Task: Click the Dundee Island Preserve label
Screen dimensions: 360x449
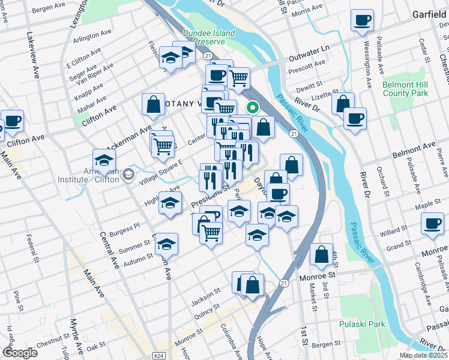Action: click(x=208, y=38)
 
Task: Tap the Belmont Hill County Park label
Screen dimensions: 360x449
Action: click(x=405, y=89)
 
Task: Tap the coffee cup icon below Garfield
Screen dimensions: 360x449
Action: click(x=362, y=21)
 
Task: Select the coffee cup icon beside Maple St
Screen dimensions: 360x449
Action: click(x=432, y=225)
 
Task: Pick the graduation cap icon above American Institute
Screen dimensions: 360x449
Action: click(x=104, y=160)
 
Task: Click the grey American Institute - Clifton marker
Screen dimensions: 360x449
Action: click(x=128, y=174)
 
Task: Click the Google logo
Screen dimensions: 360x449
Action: click(x=20, y=353)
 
